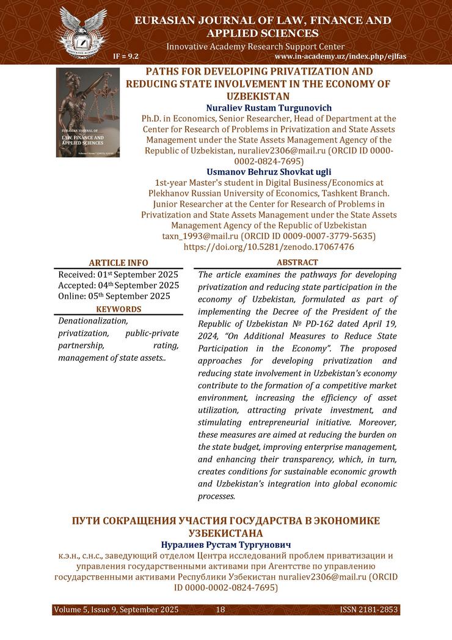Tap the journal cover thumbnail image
[x=88, y=112]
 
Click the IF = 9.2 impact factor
[x=126, y=56]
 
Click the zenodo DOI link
[x=268, y=247]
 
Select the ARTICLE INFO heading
[x=118, y=263]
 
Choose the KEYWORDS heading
[x=118, y=309]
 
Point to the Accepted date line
[x=118, y=285]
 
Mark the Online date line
[x=114, y=296]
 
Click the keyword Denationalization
[x=93, y=321]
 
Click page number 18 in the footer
[x=221, y=610]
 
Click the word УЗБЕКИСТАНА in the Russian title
[x=226, y=533]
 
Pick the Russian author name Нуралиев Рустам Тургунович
[x=226, y=544]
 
